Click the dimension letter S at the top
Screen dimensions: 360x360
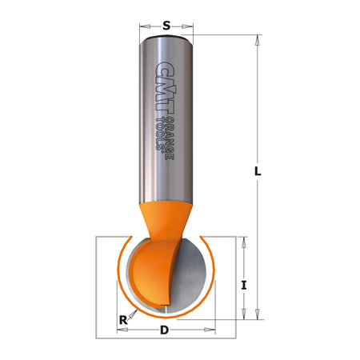(166, 24)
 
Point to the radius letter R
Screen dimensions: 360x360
(123, 321)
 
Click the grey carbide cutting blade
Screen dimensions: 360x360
(192, 276)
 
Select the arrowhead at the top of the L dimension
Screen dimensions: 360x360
(258, 38)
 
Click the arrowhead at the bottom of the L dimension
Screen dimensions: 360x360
(258, 314)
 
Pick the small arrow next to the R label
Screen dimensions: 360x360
(134, 314)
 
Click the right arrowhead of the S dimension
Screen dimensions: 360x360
(188, 25)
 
